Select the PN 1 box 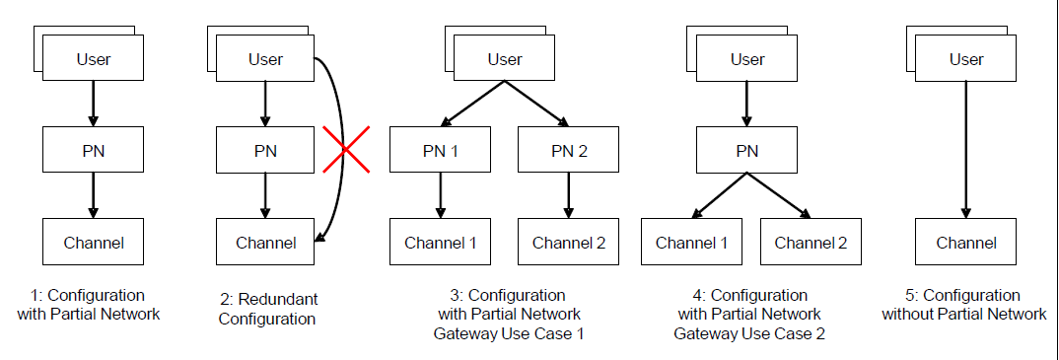[440, 151]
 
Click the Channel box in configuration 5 [965, 243]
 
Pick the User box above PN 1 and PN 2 [504, 59]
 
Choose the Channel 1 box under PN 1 [441, 243]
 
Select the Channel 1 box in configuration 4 [691, 243]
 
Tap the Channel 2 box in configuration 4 [810, 243]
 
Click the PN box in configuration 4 [746, 151]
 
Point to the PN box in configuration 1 [93, 151]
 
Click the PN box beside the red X [264, 151]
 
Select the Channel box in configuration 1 [93, 243]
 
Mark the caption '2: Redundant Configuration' [266, 309]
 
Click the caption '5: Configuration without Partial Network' [964, 305]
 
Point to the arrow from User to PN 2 [537, 105]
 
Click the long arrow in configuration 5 [966, 148]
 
